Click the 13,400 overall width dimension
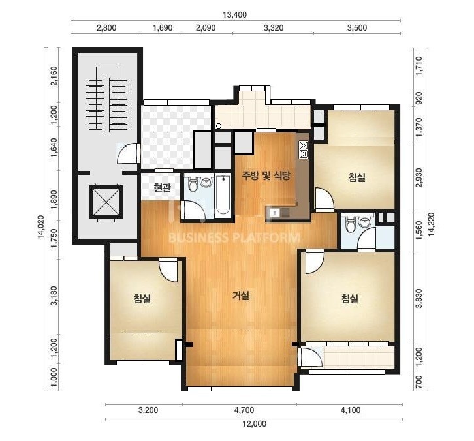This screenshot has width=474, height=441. [x=234, y=14]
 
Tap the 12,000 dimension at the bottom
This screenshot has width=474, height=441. [x=254, y=424]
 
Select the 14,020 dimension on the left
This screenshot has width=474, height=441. [x=41, y=227]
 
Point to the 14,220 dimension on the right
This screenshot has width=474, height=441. [x=432, y=224]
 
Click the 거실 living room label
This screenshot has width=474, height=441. [x=241, y=296]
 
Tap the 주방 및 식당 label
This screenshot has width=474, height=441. [x=266, y=175]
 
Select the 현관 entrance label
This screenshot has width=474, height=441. [x=163, y=188]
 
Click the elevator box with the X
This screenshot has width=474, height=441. [x=106, y=202]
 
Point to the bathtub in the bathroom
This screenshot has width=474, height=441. [x=223, y=196]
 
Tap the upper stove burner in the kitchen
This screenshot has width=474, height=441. [x=303, y=145]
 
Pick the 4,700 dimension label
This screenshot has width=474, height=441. [x=244, y=410]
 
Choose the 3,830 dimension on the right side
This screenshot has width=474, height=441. [x=419, y=298]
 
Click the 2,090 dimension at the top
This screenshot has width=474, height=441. [x=206, y=28]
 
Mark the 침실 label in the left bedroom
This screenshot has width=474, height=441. [x=142, y=298]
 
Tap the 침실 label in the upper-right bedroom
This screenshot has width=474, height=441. [x=357, y=177]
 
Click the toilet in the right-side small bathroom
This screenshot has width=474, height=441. [x=351, y=225]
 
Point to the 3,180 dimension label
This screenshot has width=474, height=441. [x=54, y=296]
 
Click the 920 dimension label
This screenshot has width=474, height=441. [x=419, y=99]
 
